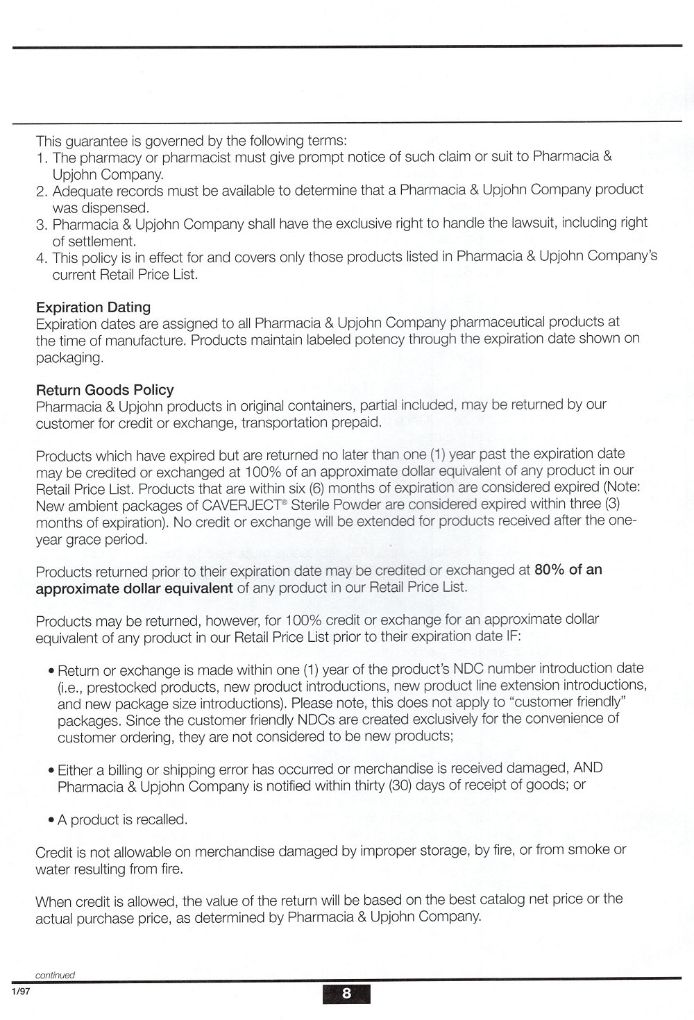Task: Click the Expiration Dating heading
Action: pos(93,307)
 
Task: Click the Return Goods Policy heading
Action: pos(105,389)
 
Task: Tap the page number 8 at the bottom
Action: pos(346,993)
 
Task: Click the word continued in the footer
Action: pos(55,974)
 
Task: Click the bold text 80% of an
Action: pos(568,570)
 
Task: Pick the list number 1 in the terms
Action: pos(41,158)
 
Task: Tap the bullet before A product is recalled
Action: pos(52,820)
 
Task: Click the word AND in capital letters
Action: pos(588,768)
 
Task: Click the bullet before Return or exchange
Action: pos(52,671)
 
